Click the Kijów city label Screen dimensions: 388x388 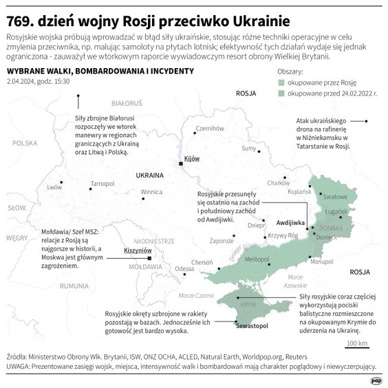point(192,158)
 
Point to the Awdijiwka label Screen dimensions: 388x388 point(290,224)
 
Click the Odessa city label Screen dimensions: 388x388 point(184,269)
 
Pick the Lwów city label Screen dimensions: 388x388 point(54,187)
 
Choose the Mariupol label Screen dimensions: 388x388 point(321,261)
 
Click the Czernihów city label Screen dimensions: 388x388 point(210,129)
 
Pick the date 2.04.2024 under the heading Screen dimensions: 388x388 point(23,81)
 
